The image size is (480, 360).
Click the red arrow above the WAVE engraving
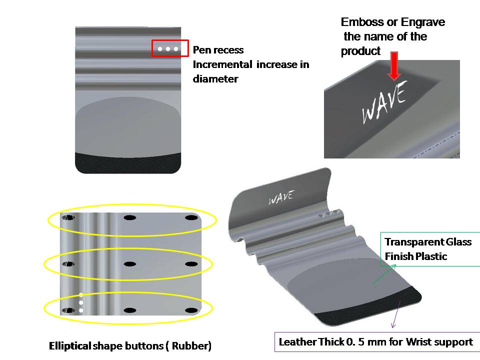(x=394, y=65)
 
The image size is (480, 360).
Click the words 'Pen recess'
(x=218, y=50)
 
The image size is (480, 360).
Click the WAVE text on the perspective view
(x=281, y=197)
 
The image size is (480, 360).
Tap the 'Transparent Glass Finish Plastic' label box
(x=427, y=249)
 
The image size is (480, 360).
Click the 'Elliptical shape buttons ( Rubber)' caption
(x=130, y=345)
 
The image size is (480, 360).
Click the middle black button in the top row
(x=130, y=218)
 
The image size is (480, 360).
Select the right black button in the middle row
(x=190, y=264)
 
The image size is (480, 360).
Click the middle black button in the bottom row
(x=130, y=310)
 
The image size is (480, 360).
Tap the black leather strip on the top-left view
(x=128, y=163)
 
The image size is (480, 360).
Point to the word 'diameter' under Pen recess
(x=215, y=78)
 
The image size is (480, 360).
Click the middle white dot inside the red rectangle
(x=168, y=49)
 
